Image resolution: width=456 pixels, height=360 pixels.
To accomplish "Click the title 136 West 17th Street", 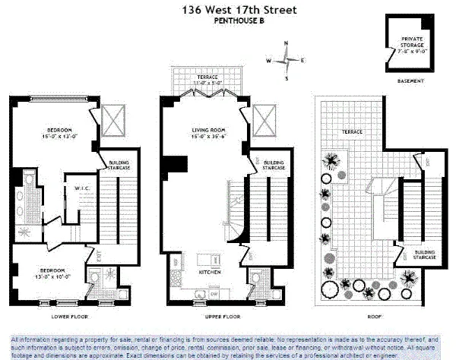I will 228,11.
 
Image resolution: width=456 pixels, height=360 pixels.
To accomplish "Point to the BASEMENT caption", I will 410,81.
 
